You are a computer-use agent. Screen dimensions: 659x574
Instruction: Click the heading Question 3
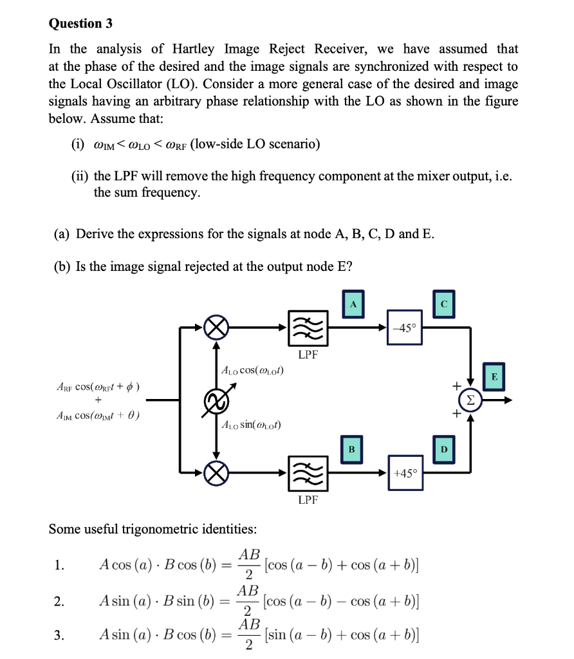(x=80, y=24)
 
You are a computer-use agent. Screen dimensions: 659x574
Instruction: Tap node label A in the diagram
(x=353, y=304)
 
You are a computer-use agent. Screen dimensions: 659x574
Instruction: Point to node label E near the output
(x=494, y=376)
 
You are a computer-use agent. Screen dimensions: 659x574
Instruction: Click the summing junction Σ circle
(x=473, y=400)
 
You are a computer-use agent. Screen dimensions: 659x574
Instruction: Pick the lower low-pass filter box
(x=308, y=474)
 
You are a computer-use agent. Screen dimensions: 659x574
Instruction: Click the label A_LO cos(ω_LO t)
(x=252, y=371)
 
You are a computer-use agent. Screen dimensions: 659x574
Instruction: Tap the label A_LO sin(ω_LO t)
(x=252, y=425)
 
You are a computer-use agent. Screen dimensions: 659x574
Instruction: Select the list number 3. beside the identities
(x=59, y=636)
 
